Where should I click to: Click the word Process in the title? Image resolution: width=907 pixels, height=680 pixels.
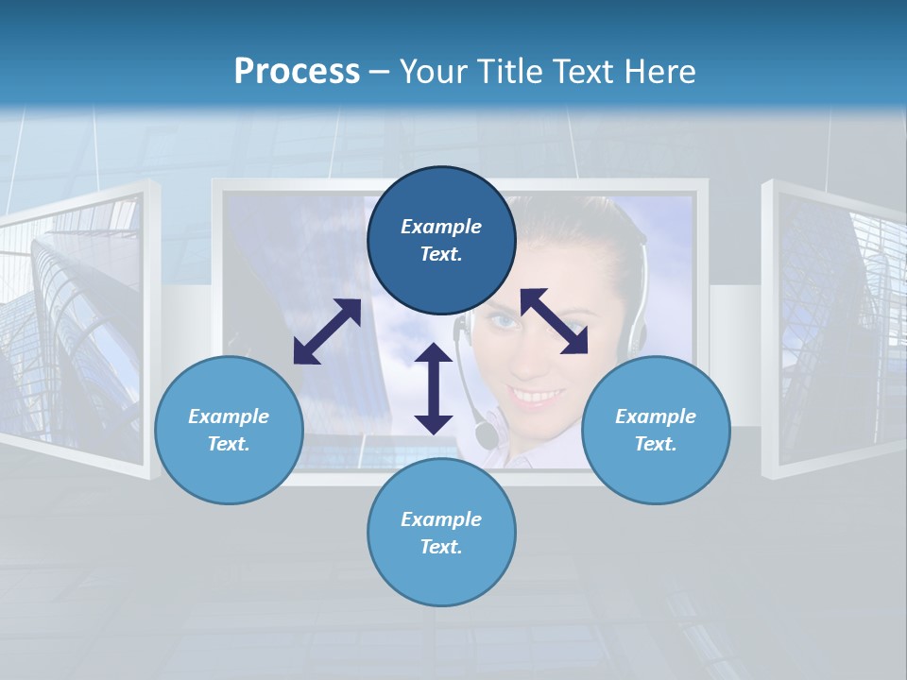pyautogui.click(x=297, y=72)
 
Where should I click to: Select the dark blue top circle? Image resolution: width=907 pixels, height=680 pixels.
pyautogui.click(x=441, y=240)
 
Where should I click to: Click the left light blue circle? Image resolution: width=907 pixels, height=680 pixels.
pyautogui.click(x=229, y=430)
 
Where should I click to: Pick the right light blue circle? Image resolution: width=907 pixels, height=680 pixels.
pyautogui.click(x=656, y=430)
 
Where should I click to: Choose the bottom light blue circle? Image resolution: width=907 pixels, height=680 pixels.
pyautogui.click(x=441, y=533)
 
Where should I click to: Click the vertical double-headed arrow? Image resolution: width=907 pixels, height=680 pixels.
pyautogui.click(x=434, y=388)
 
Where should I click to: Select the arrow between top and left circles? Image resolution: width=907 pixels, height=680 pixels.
pyautogui.click(x=327, y=331)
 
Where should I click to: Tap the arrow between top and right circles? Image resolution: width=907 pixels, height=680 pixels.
pyautogui.click(x=554, y=321)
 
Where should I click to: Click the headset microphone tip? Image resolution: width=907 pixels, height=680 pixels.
pyautogui.click(x=486, y=435)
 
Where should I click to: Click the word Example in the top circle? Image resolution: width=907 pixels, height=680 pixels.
pyautogui.click(x=441, y=227)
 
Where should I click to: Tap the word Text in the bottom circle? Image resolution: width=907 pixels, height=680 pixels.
pyautogui.click(x=441, y=547)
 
